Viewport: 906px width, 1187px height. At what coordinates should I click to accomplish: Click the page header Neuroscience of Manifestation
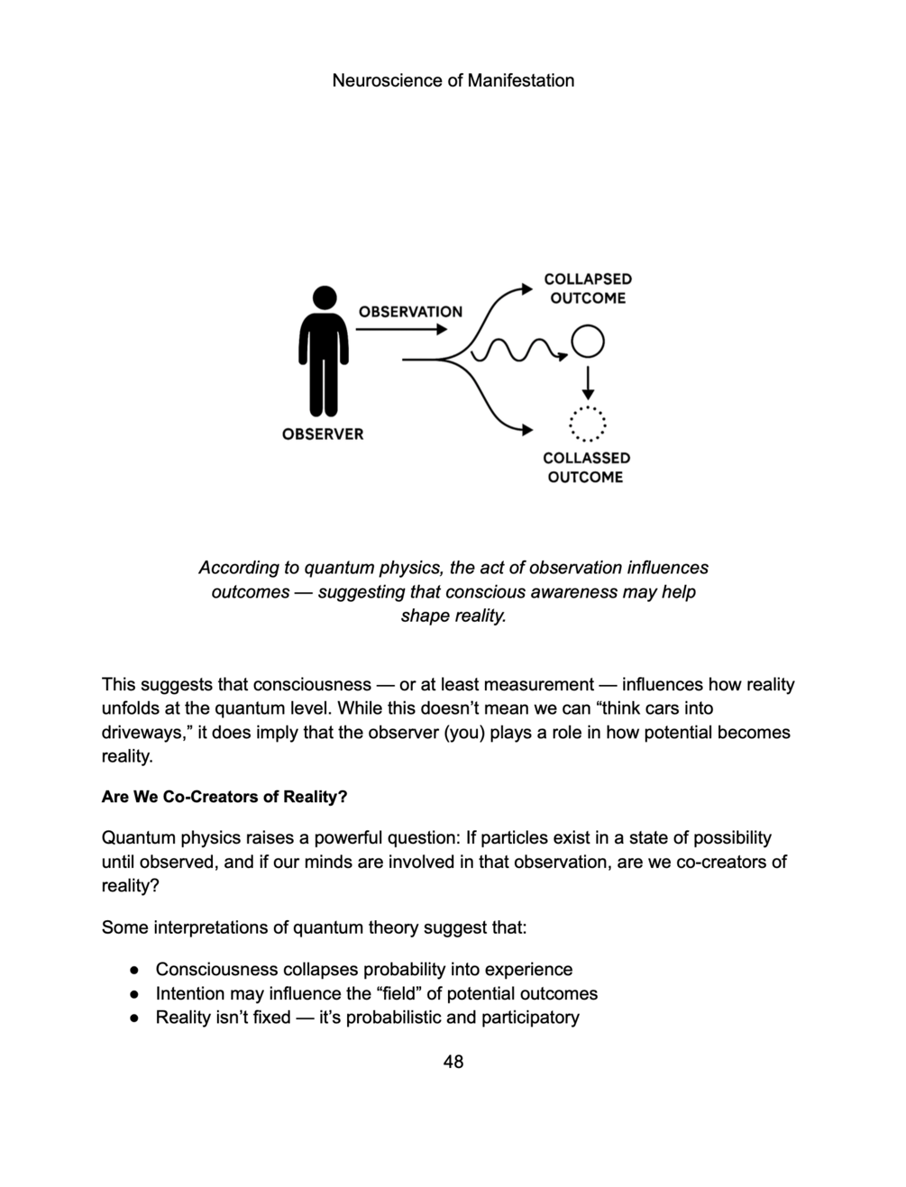click(453, 80)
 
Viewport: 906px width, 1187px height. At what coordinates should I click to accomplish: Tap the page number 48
click(453, 1062)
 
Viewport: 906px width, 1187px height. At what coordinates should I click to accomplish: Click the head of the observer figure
click(324, 297)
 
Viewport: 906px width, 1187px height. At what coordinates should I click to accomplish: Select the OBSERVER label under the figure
click(323, 434)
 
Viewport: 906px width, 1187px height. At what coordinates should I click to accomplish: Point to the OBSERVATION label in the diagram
click(410, 312)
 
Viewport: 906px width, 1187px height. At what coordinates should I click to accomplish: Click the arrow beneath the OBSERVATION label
click(401, 330)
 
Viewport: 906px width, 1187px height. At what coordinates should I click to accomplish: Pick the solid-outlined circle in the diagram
click(588, 342)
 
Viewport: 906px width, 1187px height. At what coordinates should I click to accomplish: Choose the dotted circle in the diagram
click(587, 423)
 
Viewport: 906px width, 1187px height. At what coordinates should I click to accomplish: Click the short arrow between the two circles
click(588, 382)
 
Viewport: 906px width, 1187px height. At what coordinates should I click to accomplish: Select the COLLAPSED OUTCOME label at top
click(588, 288)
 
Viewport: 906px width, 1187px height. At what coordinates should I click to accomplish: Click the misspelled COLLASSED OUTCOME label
click(586, 467)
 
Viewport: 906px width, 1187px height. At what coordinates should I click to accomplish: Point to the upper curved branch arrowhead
click(526, 289)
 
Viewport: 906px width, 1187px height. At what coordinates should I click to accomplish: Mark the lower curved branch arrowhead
click(526, 430)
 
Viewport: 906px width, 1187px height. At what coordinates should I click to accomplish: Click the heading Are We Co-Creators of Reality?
click(224, 797)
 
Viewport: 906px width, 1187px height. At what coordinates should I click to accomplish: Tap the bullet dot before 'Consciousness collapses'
click(133, 970)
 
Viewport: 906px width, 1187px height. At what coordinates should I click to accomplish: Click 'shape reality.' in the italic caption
click(453, 616)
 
